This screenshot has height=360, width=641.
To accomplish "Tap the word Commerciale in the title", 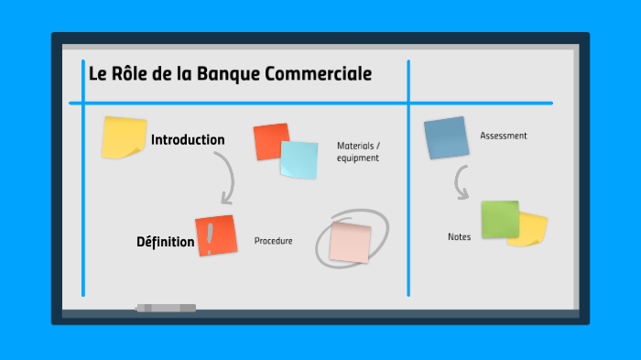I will coord(318,74).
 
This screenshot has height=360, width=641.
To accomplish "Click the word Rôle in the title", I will coord(127,74).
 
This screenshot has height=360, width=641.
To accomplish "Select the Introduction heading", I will coord(188,140).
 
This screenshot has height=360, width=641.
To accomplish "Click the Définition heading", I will coord(165,242).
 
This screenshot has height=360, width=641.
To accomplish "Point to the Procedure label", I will coord(273,241).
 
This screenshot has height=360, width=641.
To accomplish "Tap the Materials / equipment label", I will coord(357,152).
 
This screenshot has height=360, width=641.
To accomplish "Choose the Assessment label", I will coord(503,136).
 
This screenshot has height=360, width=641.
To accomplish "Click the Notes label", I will coord(459,237).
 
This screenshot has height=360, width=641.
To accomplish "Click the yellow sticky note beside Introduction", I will coord(123,137).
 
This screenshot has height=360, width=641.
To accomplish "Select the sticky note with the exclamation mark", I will coord(215,235).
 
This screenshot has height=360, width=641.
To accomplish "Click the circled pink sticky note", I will coord(350,240).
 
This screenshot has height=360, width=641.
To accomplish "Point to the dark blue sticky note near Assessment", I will coord(447,138).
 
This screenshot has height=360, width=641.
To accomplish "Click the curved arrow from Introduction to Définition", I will coord(225,178).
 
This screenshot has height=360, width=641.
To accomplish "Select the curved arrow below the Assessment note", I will coord(462,184).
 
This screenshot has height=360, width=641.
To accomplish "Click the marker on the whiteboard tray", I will coord(166,308).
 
